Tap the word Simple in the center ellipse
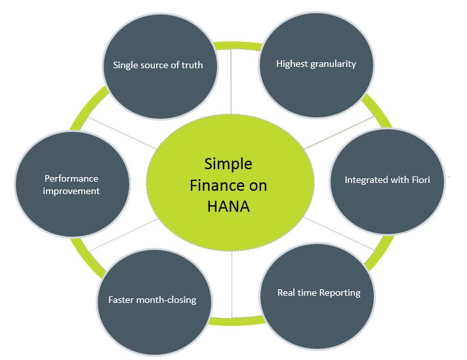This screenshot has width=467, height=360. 228,164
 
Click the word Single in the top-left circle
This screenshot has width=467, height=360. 125,65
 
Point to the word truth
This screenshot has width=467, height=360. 192,65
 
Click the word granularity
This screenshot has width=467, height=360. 333,64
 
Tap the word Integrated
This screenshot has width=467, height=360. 367,179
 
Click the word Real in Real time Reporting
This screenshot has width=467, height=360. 287,292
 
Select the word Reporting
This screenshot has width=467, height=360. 340,292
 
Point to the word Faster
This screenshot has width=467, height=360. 123,300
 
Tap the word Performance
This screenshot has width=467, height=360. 71,178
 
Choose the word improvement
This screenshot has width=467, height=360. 71,191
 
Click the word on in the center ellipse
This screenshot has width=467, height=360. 258,186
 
